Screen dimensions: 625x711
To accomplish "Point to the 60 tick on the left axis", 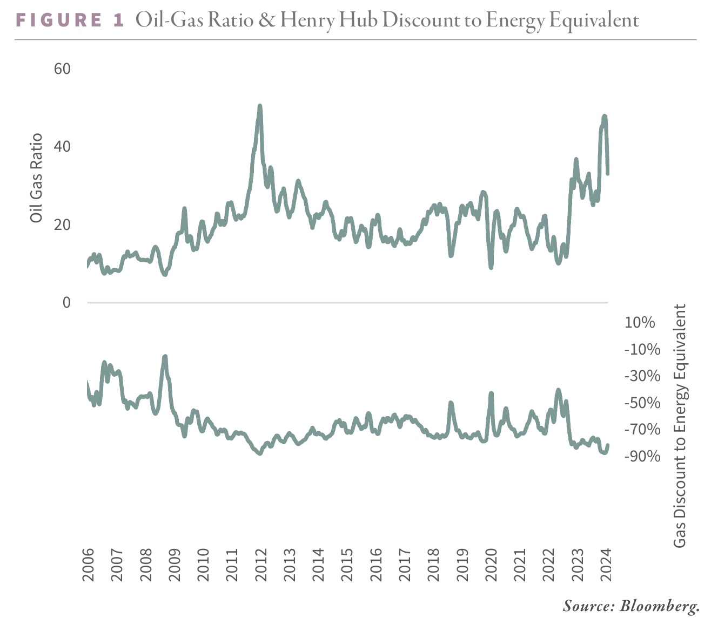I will click(63, 69).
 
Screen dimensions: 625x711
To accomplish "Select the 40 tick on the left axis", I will click(63, 147).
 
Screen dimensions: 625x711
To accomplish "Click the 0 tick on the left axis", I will click(66, 303).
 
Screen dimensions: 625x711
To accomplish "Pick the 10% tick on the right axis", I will click(640, 323).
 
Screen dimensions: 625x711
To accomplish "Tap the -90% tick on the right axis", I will click(642, 457).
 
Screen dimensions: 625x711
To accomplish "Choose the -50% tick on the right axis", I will click(642, 403).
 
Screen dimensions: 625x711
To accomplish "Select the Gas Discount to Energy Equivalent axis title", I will click(680, 425).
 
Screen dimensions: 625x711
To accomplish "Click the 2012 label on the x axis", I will click(261, 565).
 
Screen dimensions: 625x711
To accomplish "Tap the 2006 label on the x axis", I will click(88, 565).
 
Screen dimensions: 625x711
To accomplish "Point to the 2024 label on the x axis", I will click(607, 565).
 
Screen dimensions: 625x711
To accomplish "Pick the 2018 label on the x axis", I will click(434, 565).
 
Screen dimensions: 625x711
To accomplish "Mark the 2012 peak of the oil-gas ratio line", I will click(260, 106).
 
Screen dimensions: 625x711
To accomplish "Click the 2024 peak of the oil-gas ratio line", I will click(605, 117).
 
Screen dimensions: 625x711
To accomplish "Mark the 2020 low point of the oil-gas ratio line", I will click(491, 267).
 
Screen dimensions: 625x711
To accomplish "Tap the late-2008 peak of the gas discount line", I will click(165, 357).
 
